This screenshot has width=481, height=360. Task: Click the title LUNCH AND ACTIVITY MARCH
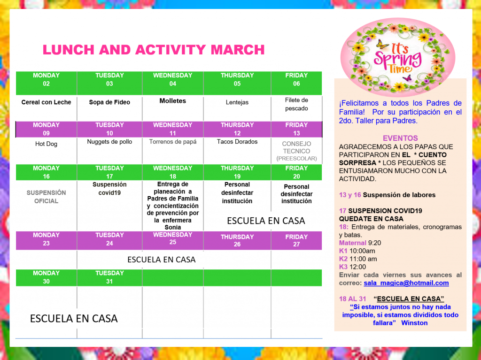pos(154,50)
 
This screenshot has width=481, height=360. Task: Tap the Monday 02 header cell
pos(46,79)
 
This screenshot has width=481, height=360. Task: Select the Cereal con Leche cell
pos(46,102)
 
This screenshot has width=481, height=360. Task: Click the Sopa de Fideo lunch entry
pos(109,102)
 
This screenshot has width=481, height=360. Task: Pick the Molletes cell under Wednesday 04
pos(173,101)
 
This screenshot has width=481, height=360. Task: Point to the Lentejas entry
pos(237,102)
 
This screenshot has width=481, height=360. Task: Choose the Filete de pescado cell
pos(296,104)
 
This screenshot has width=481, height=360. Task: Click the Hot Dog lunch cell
pos(46,144)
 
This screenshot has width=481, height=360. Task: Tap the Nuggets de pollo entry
pos(109,142)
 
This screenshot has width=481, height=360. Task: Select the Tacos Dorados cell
pos(237,142)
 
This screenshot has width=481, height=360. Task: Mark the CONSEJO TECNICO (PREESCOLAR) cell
pos(296,151)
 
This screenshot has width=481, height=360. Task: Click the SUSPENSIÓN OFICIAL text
pos(46,197)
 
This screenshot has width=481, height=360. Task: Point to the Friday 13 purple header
pos(296,129)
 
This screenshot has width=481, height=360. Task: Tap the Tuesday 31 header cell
pos(109,277)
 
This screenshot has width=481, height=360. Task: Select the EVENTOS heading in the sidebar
pos(400,138)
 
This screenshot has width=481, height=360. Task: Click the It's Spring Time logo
pos(397,57)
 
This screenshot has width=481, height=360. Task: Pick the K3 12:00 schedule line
pos(352,267)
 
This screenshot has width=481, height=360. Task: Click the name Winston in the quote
pos(414,323)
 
